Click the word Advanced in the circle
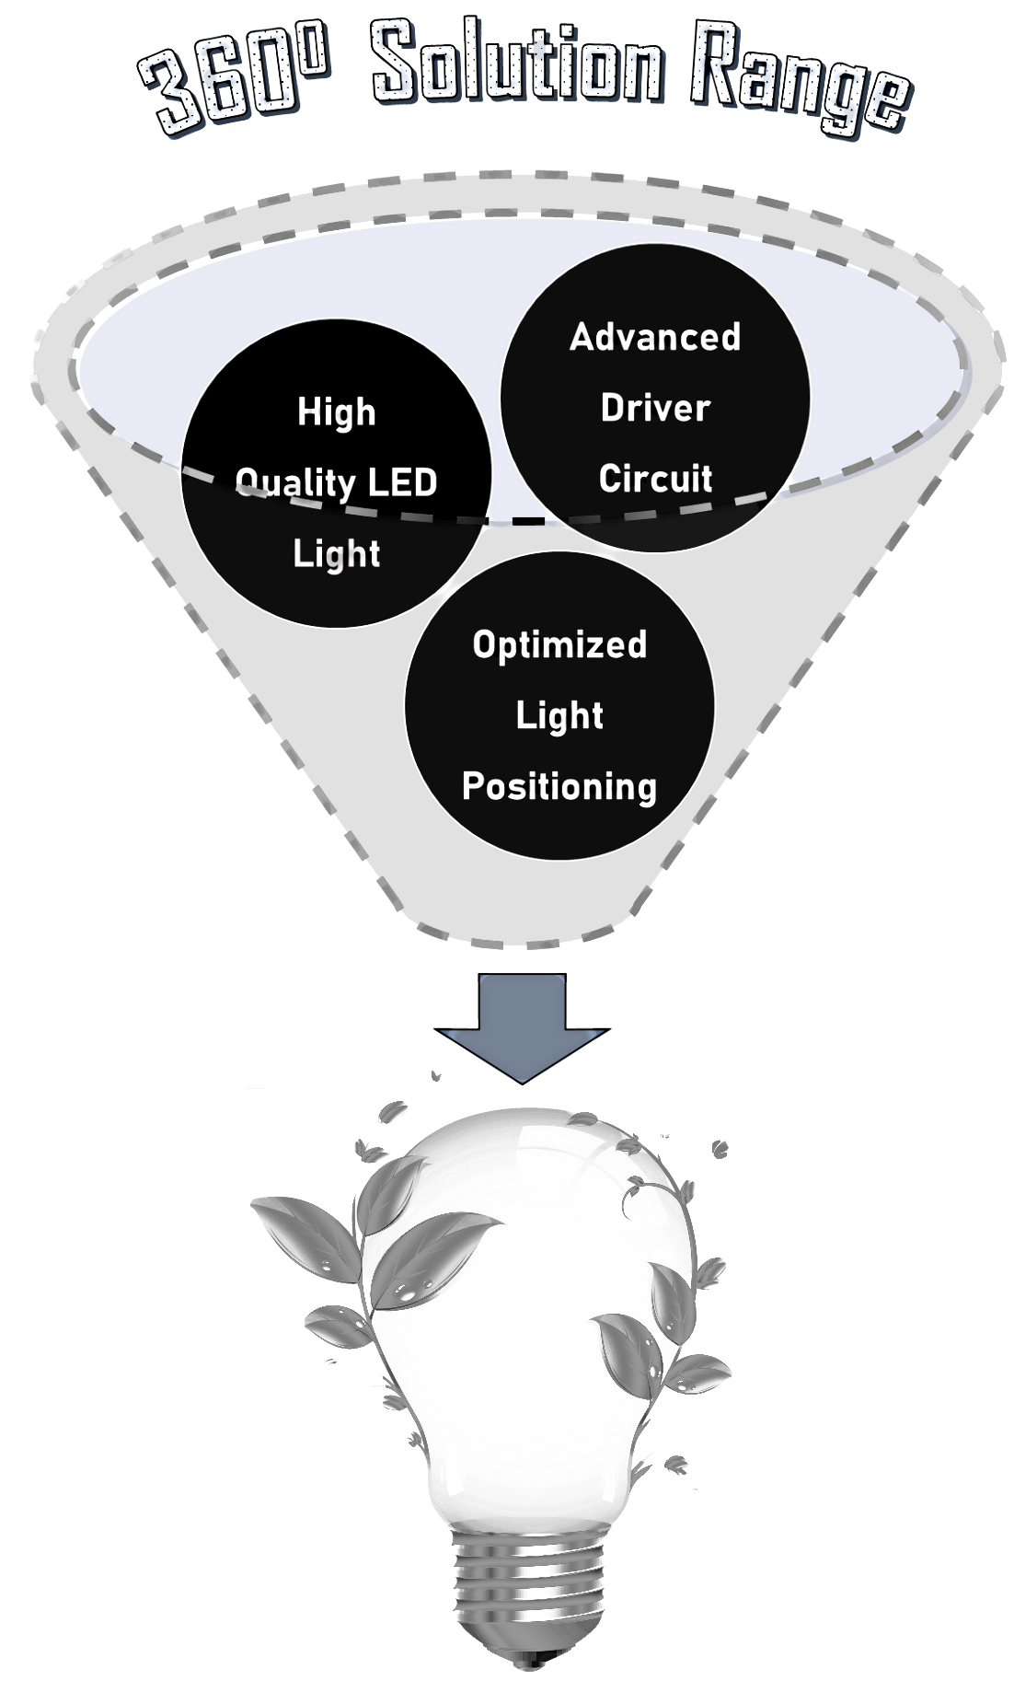(x=655, y=337)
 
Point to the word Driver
(x=655, y=408)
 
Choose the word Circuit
(x=655, y=479)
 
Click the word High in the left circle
(x=337, y=412)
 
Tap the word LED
(x=401, y=483)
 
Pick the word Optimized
(x=559, y=644)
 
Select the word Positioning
(x=559, y=787)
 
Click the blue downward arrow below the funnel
(x=522, y=1031)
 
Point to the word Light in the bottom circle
(x=559, y=715)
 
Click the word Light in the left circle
(x=337, y=554)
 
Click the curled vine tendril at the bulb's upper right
(x=644, y=1197)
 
